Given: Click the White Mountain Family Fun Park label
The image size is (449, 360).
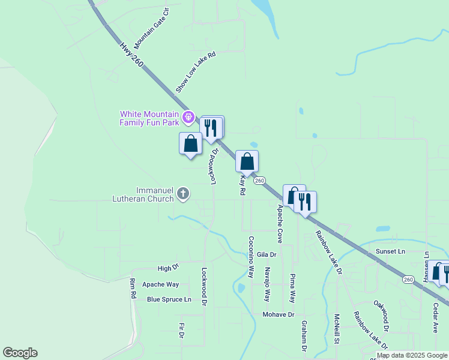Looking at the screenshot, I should [x=149, y=118].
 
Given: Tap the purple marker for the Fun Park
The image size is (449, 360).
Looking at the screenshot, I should [x=189, y=116].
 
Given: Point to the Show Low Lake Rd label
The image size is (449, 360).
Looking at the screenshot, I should [x=195, y=72].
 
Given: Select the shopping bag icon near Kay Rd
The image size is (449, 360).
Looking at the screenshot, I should [x=247, y=161].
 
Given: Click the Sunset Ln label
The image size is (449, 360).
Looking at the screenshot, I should [x=390, y=251].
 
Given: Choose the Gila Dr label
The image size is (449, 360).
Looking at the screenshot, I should [x=267, y=254].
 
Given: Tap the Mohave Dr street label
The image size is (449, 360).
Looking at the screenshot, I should [x=279, y=314].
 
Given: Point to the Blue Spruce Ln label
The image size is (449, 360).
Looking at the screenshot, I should [x=169, y=299].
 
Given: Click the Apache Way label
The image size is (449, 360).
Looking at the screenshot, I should [x=160, y=284].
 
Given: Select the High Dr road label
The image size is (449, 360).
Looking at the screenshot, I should [x=168, y=268].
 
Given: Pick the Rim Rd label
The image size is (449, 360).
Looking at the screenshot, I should [x=133, y=289].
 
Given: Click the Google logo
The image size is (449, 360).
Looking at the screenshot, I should [x=20, y=353].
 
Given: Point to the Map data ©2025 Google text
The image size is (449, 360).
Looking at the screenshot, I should [x=412, y=355].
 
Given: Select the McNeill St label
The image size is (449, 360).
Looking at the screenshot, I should [x=337, y=329].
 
